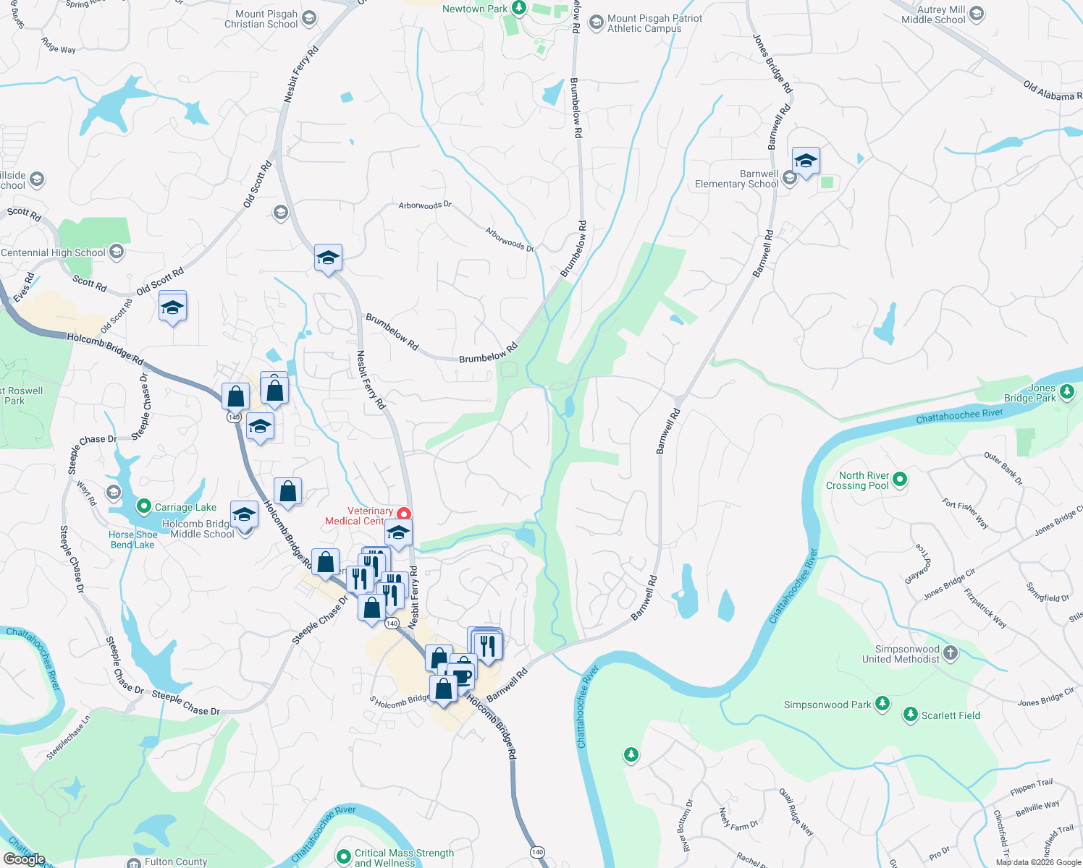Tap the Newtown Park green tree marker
tap(518, 8)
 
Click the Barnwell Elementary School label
tap(736, 179)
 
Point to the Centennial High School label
tap(53, 252)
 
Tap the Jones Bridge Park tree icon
tap(1066, 392)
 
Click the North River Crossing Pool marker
tap(900, 479)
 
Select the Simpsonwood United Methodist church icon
tap(951, 653)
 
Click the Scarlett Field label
tap(951, 715)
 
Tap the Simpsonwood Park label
tap(827, 705)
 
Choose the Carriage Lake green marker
tap(143, 506)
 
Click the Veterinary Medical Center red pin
tap(403, 514)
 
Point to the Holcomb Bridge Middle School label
tap(198, 529)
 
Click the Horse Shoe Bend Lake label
tap(132, 540)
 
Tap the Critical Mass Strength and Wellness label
tap(404, 858)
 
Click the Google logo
tap(25, 859)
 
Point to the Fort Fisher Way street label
tap(965, 513)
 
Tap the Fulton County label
tap(176, 861)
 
